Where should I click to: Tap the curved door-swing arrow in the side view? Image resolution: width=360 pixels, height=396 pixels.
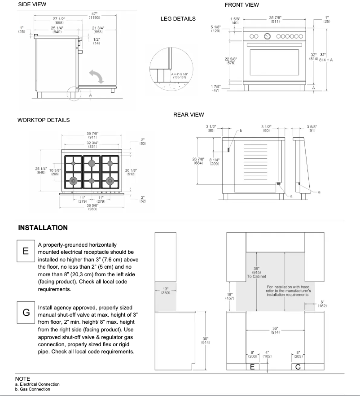[x=97, y=75]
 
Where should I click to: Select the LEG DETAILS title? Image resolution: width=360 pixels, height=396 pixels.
[x=178, y=19]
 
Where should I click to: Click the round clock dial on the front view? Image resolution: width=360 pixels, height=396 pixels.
[x=268, y=36]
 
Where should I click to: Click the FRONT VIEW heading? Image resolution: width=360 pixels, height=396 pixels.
[x=241, y=5]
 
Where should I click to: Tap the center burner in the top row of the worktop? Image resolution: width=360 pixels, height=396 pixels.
[x=92, y=163]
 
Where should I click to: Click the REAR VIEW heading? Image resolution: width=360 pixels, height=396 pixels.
[x=189, y=115]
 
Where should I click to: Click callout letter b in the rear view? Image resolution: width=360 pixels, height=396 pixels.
[x=240, y=131]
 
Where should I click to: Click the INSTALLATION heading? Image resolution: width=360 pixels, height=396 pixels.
[x=43, y=228]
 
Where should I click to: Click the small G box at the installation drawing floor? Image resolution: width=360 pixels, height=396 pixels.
[x=298, y=367]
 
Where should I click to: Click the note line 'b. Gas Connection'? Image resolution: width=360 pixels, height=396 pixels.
[x=32, y=389]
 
